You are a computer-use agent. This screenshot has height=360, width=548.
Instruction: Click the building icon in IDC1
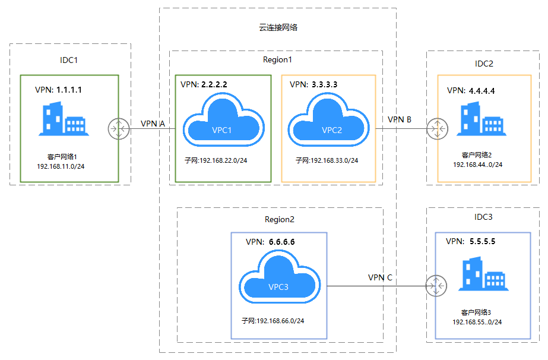(64, 119)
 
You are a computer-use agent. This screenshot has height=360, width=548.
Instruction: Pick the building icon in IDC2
(482, 119)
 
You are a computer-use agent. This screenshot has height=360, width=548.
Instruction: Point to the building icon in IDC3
(483, 274)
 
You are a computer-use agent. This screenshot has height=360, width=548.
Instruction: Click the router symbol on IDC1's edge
(119, 129)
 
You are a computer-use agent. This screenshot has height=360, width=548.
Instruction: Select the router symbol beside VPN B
(437, 129)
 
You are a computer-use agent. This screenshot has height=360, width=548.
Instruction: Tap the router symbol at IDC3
(436, 286)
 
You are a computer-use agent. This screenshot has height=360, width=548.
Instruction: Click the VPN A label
(153, 124)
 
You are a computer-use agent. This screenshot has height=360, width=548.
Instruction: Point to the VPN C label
(380, 277)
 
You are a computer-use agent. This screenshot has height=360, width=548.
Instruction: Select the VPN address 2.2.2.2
(214, 84)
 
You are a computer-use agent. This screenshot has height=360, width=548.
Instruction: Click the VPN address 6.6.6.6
(281, 242)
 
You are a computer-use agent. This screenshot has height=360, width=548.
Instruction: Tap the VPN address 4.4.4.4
(482, 91)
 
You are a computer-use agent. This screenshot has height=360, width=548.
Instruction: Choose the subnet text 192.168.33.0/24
(334, 160)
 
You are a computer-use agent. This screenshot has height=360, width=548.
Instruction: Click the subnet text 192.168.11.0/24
(61, 166)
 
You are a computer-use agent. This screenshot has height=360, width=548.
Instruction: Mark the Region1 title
(277, 60)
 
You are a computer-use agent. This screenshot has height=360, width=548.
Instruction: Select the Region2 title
(280, 219)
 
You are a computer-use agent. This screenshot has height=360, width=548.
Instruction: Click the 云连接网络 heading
(278, 27)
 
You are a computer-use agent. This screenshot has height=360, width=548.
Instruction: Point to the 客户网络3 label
(476, 312)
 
